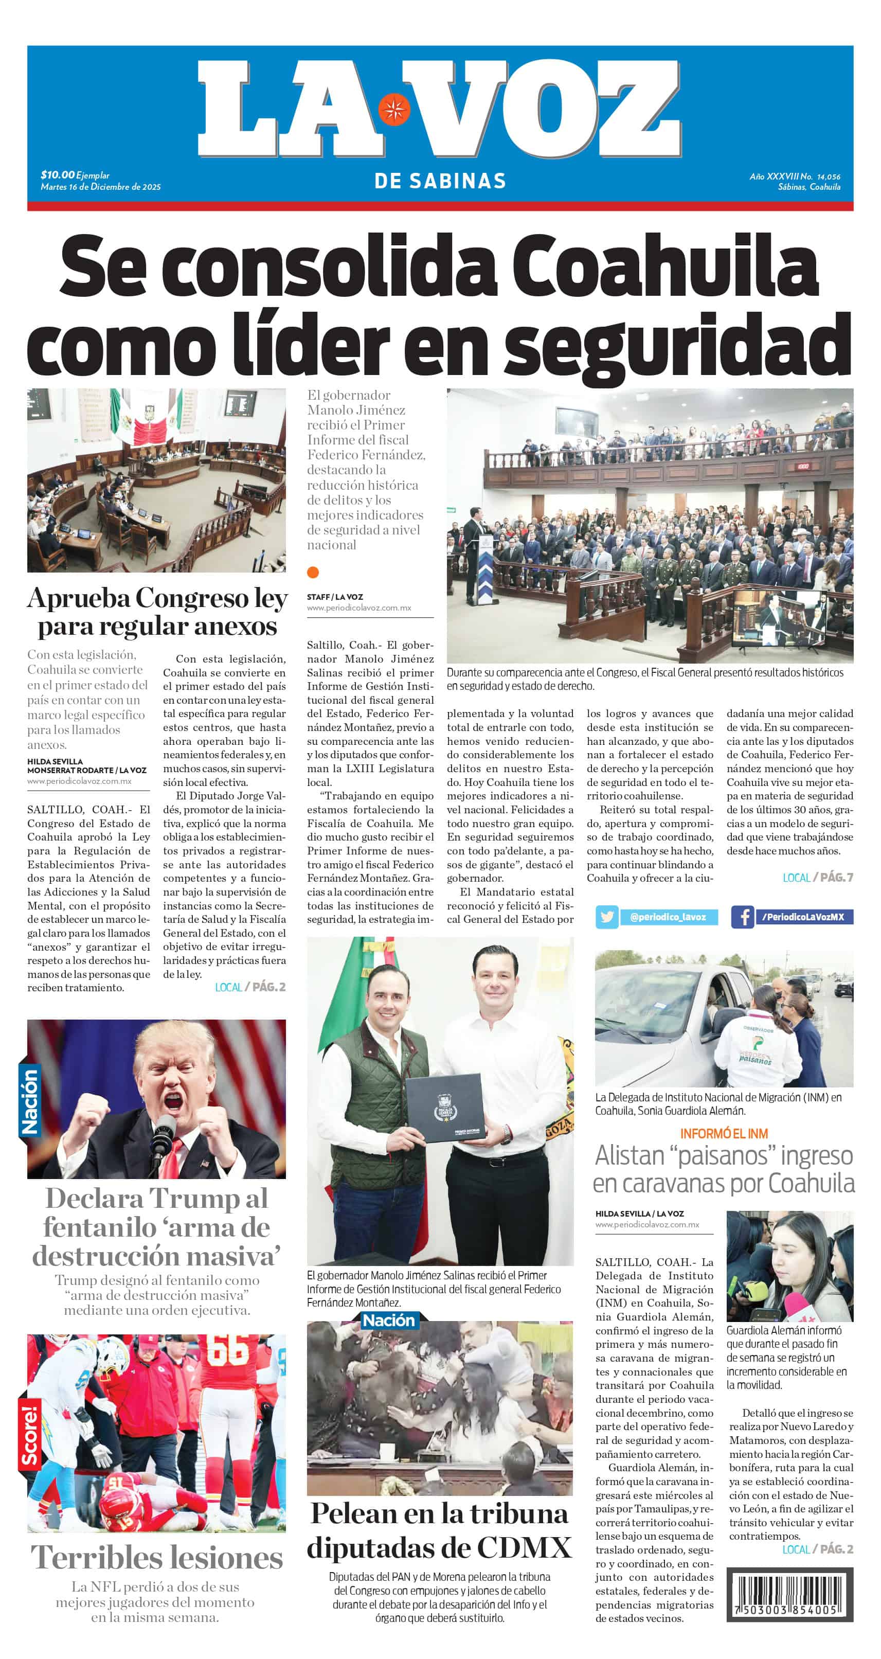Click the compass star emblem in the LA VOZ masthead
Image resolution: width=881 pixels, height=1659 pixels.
pyautogui.click(x=393, y=109)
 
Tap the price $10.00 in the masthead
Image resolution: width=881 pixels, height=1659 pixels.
pyautogui.click(x=57, y=174)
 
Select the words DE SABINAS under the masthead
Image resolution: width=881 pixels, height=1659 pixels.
pyautogui.click(x=440, y=181)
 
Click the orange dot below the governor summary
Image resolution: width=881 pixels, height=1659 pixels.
pyautogui.click(x=313, y=572)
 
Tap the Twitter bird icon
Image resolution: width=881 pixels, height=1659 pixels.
pyautogui.click(x=607, y=917)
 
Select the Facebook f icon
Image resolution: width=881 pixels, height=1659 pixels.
pyautogui.click(x=742, y=917)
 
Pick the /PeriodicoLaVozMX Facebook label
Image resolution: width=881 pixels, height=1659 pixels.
pyautogui.click(x=802, y=917)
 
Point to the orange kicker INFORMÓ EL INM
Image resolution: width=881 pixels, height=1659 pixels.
pyautogui.click(x=724, y=1133)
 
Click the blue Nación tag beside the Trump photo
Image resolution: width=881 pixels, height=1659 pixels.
pyautogui.click(x=30, y=1101)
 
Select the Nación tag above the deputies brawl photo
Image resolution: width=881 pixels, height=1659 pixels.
pyautogui.click(x=388, y=1320)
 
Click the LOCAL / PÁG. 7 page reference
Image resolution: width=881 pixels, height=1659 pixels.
pyautogui.click(x=817, y=877)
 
